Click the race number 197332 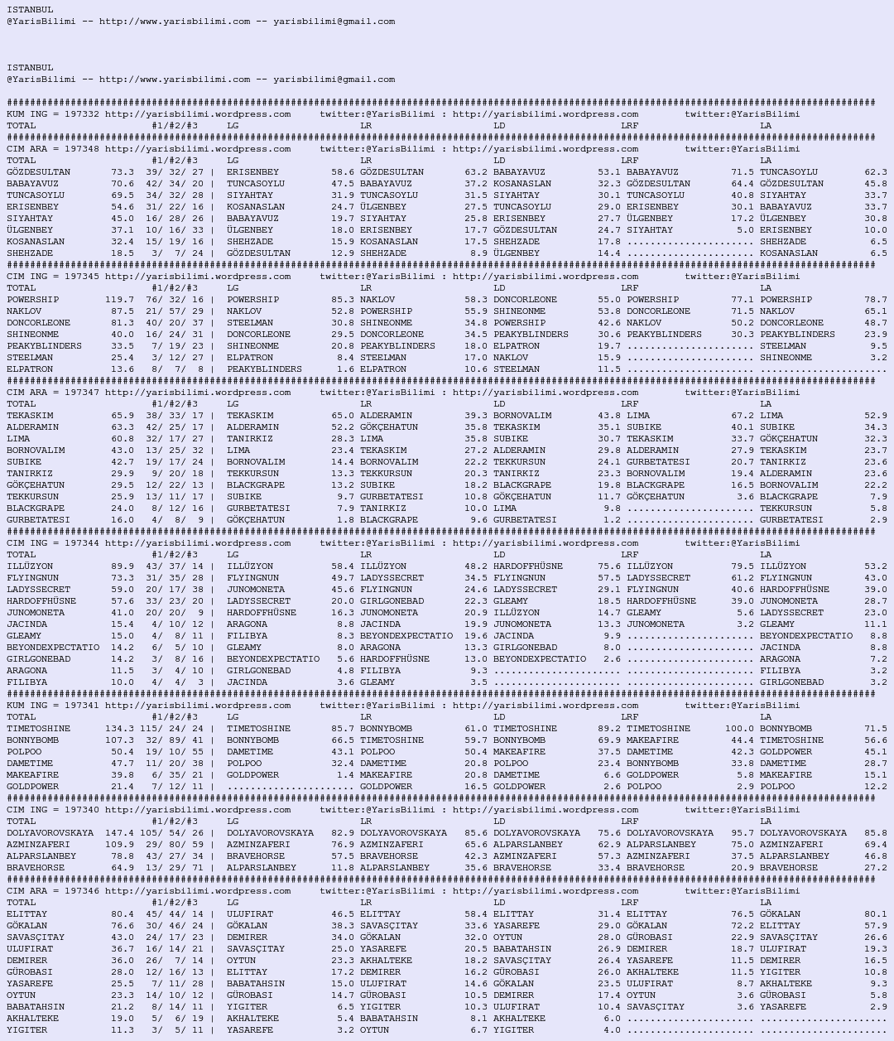81,114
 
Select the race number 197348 81,149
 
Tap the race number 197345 81,277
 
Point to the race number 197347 81,393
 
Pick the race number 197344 81,543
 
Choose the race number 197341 81,706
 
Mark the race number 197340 81,810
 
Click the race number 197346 81,891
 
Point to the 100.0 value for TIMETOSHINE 739,729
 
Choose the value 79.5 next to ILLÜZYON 743,566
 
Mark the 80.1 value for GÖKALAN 875,914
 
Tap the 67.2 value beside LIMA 743,416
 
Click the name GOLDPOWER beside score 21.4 33,787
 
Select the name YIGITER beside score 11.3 27,1030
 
